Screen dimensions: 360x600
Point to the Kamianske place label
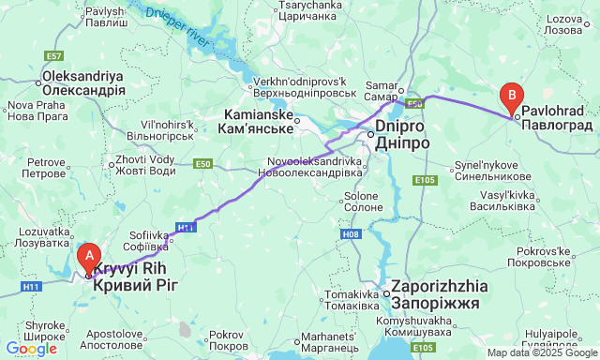coord(257,121)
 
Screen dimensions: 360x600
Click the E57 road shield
coord(54,56)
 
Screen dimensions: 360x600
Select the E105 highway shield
coord(424,180)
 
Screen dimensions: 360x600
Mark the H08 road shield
coord(351,233)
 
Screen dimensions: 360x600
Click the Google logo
coord(30,349)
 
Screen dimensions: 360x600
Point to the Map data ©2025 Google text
coord(541,353)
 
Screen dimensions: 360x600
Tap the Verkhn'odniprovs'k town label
coord(304,86)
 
